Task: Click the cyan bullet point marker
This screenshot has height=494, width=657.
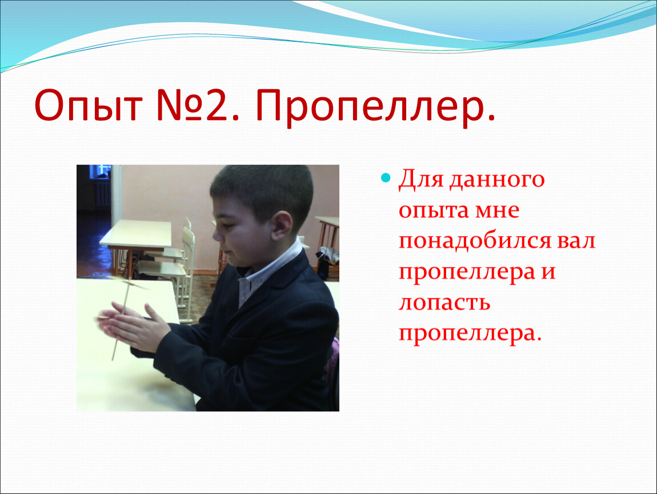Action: click(x=386, y=177)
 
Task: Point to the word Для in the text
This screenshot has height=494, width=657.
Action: click(x=420, y=180)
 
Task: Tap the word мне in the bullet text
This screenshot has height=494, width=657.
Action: click(x=497, y=210)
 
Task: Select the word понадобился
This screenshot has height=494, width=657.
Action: click(x=474, y=241)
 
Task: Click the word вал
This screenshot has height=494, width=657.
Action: click(x=576, y=241)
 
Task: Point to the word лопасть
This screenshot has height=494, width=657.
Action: click(x=444, y=303)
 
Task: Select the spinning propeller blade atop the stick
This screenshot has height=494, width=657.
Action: click(x=126, y=284)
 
